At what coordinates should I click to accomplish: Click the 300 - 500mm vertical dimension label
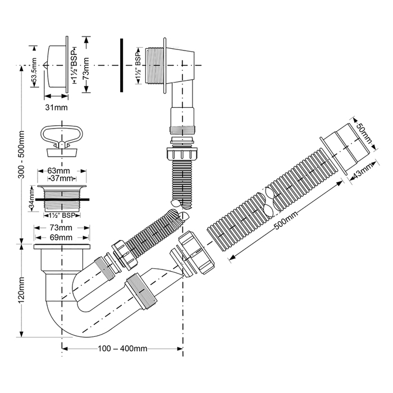(x=21, y=154)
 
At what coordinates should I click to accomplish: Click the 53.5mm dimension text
(x=35, y=71)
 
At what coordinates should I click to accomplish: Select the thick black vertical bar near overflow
(x=121, y=65)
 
